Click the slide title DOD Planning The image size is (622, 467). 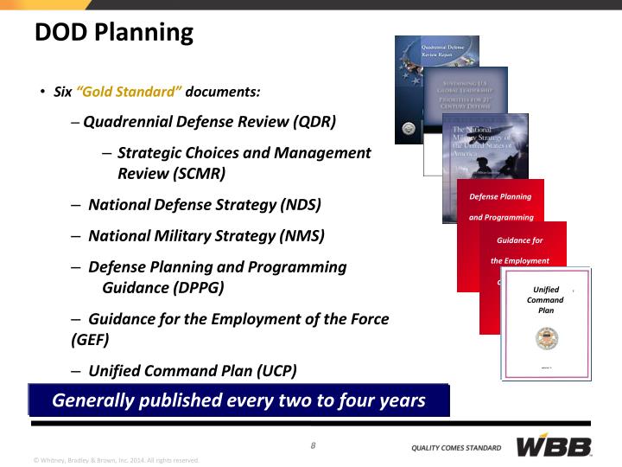coord(113,33)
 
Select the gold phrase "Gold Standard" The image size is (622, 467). coord(129,92)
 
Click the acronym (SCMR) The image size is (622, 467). coord(197,173)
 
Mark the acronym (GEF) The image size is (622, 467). coord(90,339)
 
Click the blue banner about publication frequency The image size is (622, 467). coord(238,400)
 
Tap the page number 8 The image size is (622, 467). coord(313,445)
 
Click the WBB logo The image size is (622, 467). coord(554,446)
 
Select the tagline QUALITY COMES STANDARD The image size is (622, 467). coord(455,448)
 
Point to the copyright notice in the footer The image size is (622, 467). coord(116,460)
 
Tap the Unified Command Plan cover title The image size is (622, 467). coord(545,300)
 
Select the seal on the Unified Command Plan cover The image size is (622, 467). coord(546,340)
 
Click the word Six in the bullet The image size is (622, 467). coord(63,92)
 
